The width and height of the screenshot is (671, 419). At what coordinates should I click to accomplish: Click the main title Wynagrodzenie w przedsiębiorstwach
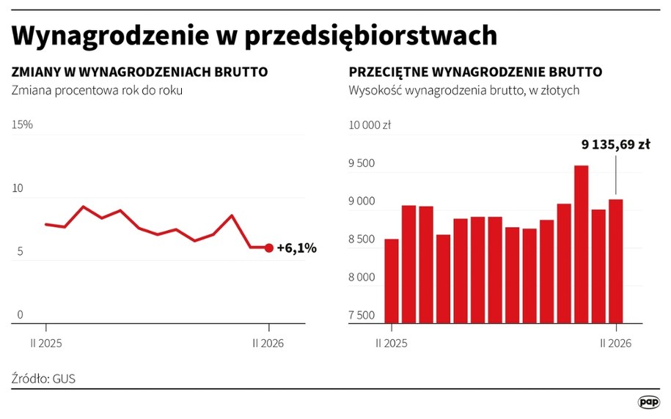[x=254, y=35]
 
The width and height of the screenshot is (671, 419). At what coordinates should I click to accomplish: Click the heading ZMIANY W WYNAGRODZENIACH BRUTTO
[x=139, y=72]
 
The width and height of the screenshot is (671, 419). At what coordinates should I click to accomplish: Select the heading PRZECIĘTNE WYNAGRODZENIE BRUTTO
[x=475, y=72]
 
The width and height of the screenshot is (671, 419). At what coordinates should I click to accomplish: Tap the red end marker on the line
[x=269, y=248]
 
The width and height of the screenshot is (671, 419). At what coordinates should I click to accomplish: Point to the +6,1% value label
[x=296, y=248]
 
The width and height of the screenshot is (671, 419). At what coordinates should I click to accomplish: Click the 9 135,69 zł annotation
[x=615, y=145]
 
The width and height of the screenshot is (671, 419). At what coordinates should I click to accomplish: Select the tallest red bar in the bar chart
[x=582, y=244]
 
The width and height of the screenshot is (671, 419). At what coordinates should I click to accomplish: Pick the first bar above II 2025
[x=392, y=281]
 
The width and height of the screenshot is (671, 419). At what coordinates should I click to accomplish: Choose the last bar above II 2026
[x=616, y=261]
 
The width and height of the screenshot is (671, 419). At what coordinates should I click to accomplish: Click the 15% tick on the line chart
[x=22, y=125]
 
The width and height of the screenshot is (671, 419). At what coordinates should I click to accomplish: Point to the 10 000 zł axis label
[x=369, y=125]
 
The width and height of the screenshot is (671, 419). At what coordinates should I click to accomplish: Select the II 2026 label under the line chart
[x=268, y=342]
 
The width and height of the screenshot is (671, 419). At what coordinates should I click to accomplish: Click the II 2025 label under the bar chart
[x=391, y=342]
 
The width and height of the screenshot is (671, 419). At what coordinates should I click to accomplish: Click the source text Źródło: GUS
[x=43, y=379]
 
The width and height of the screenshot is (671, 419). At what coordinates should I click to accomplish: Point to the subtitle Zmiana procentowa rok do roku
[x=96, y=91]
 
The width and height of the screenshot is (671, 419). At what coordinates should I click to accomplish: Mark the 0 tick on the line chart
[x=21, y=315]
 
